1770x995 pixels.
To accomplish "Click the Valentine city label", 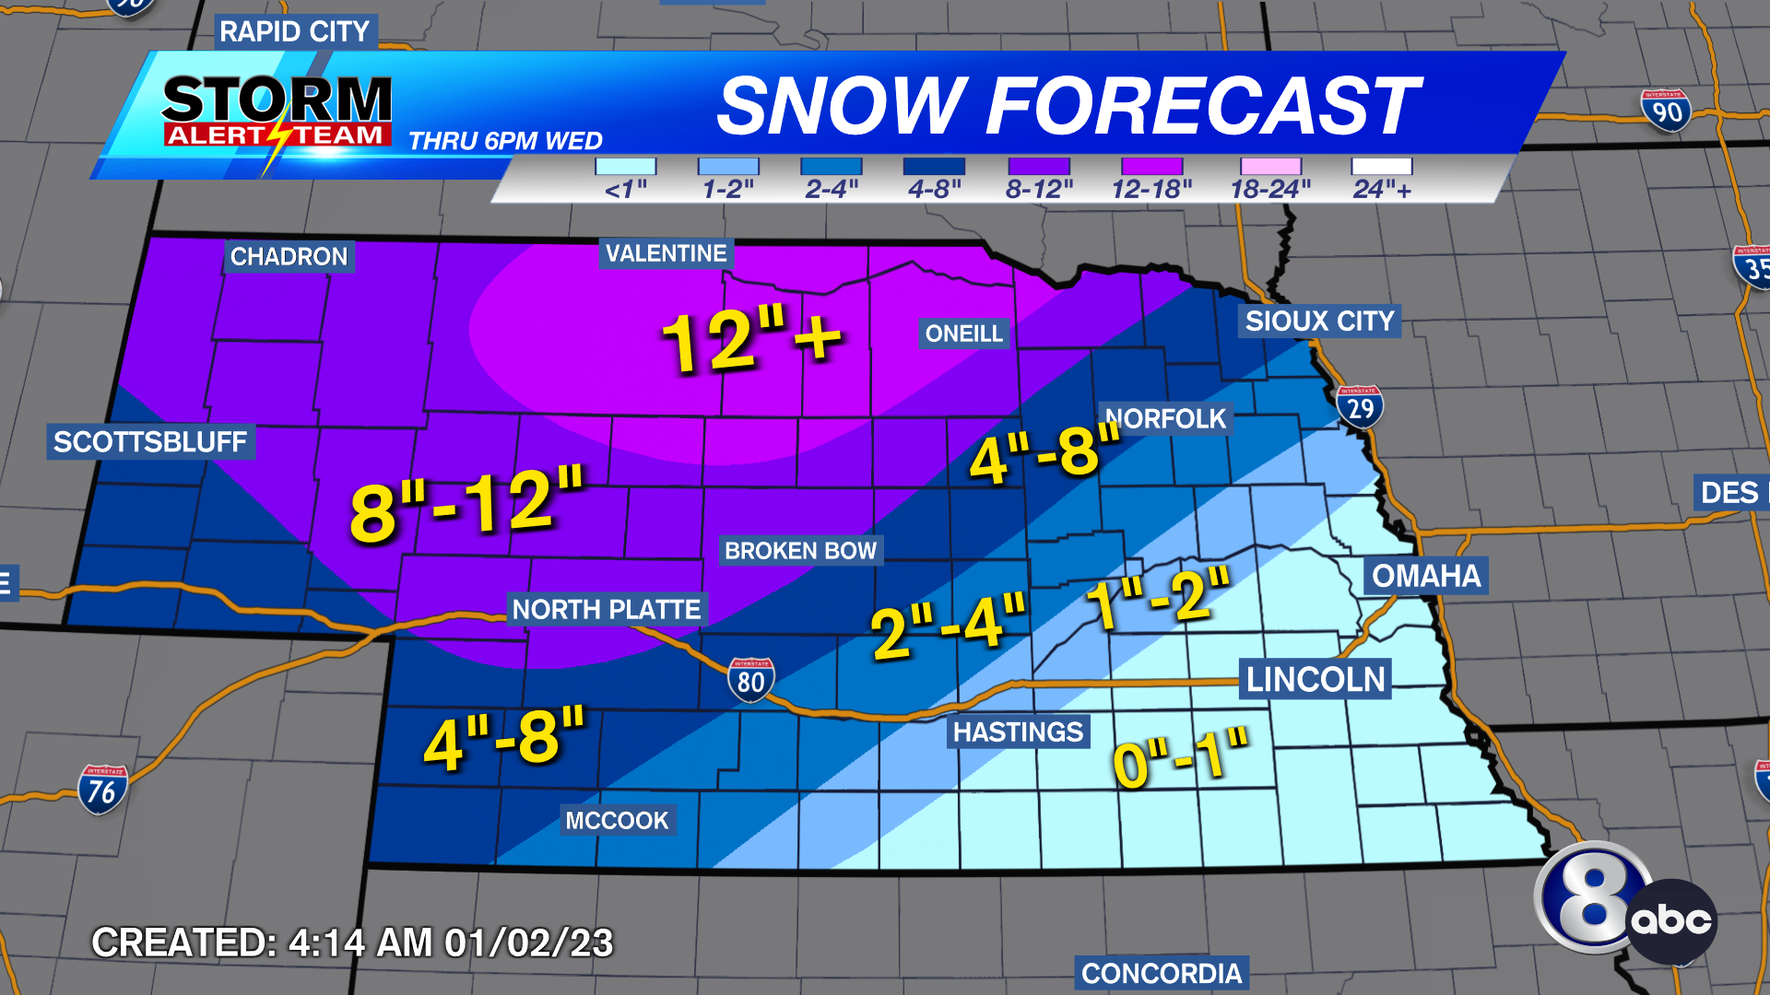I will pos(666,253).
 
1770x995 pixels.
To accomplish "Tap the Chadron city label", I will pos(289,256).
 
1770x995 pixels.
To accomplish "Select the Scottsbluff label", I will pos(150,442).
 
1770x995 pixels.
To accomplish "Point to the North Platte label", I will pos(607,609).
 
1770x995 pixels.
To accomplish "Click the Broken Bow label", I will pos(800,551).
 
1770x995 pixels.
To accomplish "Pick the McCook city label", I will pos(617,820).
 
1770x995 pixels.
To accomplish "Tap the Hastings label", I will pos(1018,732).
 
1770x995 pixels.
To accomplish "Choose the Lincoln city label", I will pos(1316,679).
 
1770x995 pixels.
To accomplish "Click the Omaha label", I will pos(1425,576).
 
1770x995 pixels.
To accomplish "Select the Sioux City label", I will pos(1319,321).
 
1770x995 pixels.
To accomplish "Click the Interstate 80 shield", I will pos(750,680).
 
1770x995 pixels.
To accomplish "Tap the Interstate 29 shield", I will pos(1360,406).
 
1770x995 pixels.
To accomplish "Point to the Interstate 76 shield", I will pos(102,790).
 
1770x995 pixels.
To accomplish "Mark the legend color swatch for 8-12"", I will pos(1039,167).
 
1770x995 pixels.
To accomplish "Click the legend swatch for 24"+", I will pos(1381,167).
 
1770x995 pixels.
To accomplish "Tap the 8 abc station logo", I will pos(1624,904).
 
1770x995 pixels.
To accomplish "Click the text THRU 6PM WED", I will pos(505,141).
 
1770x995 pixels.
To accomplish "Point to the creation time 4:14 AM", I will pos(360,942).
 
